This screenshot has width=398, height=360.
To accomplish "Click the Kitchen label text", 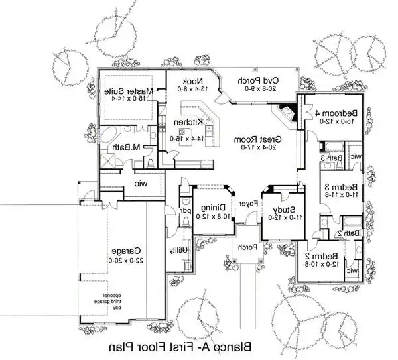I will (184, 123).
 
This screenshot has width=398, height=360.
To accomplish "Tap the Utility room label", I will (177, 250).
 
